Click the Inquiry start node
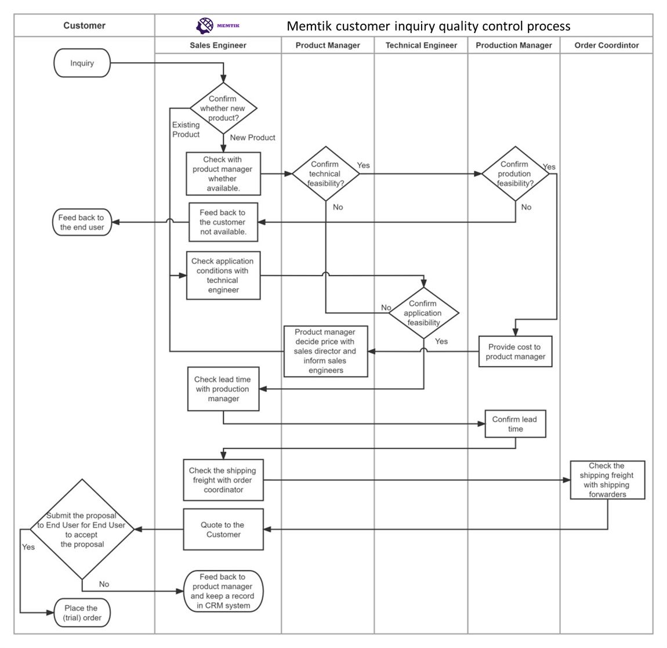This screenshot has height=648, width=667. tap(82, 63)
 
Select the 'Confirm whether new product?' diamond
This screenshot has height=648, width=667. tap(223, 108)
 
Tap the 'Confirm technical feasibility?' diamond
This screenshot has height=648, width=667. tap(325, 173)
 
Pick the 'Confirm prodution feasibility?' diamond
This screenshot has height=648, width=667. tap(515, 173)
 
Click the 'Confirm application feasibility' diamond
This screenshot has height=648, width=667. tap(423, 313)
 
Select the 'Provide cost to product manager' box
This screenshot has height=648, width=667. tap(515, 352)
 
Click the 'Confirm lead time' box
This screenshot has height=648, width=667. tap(515, 424)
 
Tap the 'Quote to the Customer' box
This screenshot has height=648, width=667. tap(223, 530)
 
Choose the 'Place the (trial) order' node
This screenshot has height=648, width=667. tap(82, 613)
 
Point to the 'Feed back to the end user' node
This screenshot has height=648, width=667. tap(82, 222)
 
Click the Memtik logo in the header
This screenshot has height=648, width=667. tap(217, 26)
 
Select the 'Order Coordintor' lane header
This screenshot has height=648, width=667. tap(606, 45)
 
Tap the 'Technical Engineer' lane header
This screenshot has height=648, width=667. tap(421, 45)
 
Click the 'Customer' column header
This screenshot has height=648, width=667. tap(84, 26)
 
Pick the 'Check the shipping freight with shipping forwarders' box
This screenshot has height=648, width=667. tap(607, 480)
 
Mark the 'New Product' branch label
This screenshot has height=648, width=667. tap(252, 137)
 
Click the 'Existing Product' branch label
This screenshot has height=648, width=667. tap(186, 129)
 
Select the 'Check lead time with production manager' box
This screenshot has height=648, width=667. tap(223, 389)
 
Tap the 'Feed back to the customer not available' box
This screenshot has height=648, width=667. tap(223, 222)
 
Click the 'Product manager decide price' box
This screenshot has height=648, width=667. tap(325, 351)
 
